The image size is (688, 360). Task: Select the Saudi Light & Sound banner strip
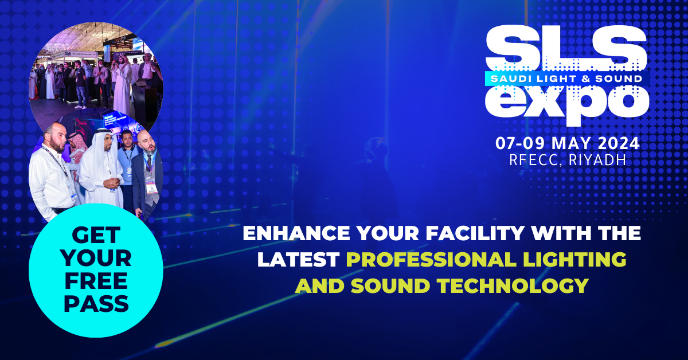coord(566,79)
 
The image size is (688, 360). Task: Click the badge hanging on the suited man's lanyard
coord(151,187)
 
